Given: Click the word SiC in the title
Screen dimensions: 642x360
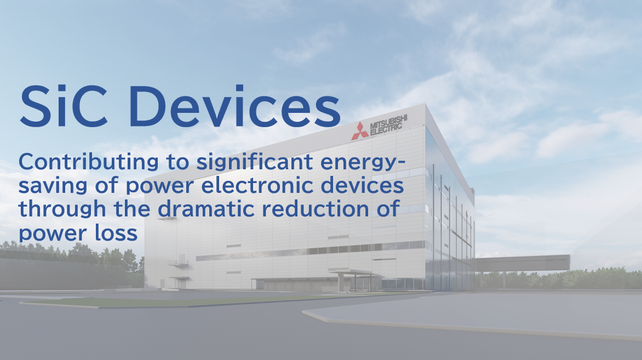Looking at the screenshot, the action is [64, 106].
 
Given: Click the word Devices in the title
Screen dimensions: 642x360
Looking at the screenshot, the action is [234, 106].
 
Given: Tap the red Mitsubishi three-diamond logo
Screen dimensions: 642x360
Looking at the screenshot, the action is [360, 131].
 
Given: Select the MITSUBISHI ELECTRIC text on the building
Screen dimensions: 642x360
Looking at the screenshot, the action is [388, 124].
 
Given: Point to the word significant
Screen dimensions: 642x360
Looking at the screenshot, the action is [255, 162].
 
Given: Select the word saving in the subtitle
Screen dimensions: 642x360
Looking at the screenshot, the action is [53, 186].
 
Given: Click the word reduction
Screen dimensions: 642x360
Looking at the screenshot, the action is [316, 209].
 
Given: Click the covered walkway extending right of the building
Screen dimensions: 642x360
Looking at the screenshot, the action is [522, 262].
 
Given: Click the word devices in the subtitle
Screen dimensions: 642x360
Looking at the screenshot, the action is [362, 186].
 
